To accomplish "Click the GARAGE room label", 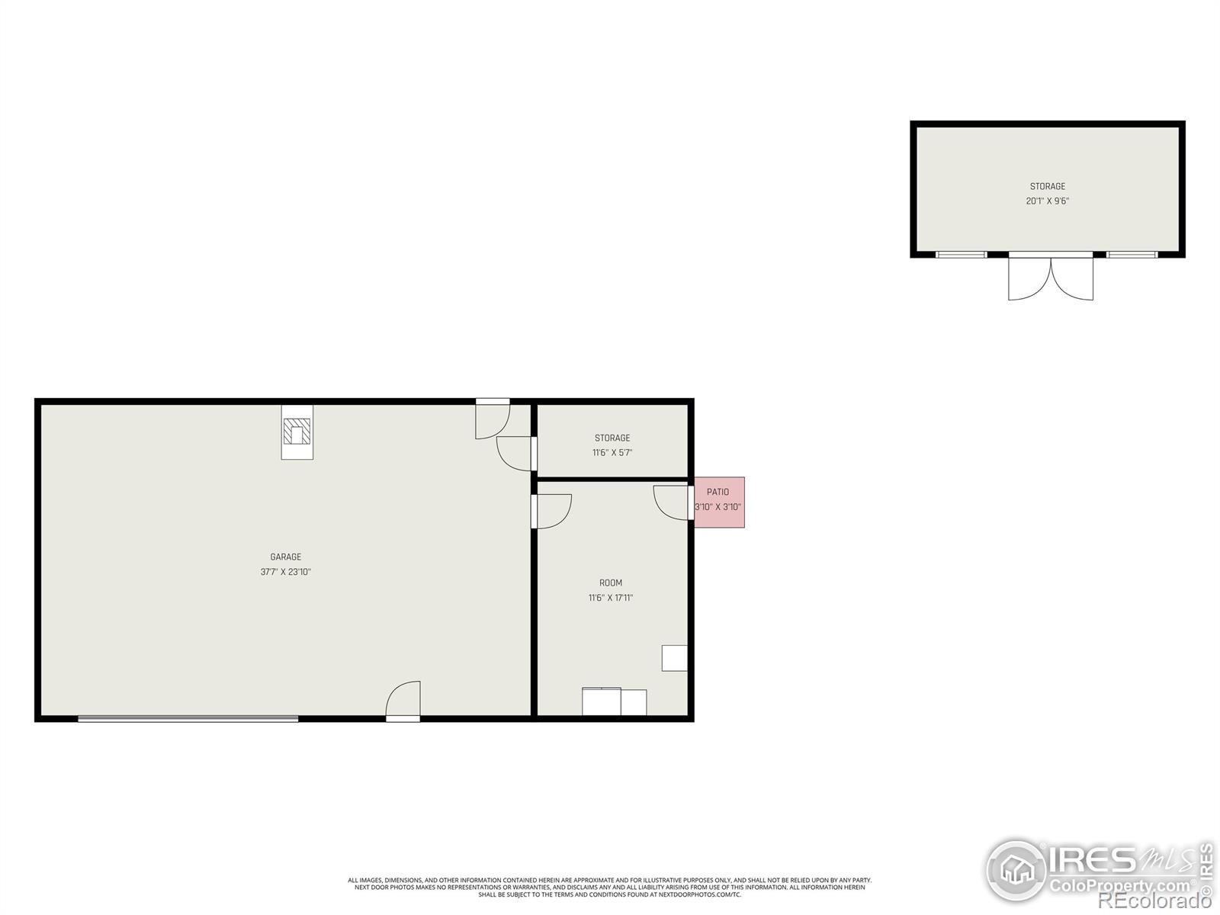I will point(285,557).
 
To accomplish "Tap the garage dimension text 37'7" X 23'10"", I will point(285,572).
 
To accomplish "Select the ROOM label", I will point(610,583).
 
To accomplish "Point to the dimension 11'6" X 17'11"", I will point(610,598).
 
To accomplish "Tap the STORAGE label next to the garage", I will point(612,438).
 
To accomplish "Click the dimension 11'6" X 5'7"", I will point(612,453).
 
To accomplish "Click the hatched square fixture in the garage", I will point(297,432).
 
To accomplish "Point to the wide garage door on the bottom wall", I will point(188,718).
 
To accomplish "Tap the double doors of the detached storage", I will point(1051,278).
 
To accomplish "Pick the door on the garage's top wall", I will point(492,419).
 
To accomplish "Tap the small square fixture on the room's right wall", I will point(674,658).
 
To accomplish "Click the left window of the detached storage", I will point(961,255).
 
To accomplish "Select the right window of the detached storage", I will point(1132,255).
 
